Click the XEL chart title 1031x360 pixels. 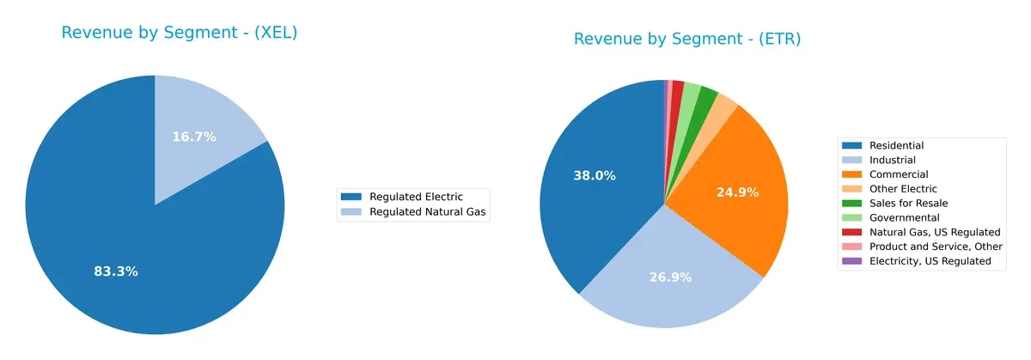[180, 33]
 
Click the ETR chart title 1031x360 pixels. [686, 39]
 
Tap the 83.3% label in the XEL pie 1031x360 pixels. [116, 272]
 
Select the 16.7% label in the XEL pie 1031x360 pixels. [194, 137]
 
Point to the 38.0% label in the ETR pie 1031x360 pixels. [595, 175]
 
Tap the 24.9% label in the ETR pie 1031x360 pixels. [737, 192]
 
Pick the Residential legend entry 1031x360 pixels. [896, 146]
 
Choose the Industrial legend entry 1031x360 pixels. [892, 160]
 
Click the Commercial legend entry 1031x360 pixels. [898, 174]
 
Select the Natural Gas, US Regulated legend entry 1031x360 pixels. [923, 232]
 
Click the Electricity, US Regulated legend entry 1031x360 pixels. [924, 261]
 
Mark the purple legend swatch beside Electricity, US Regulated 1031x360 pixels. [853, 261]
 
